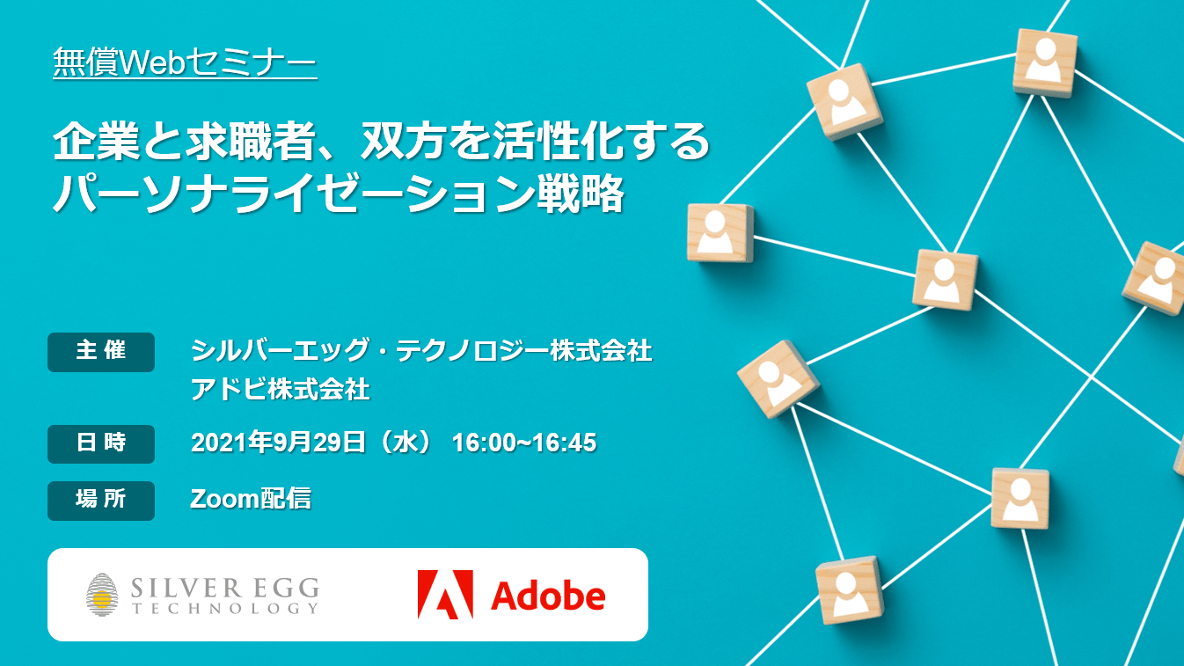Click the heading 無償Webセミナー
coord(185,62)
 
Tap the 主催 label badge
coord(101,352)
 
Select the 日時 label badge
coord(101,444)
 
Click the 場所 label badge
coord(101,501)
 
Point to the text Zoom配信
coord(251,499)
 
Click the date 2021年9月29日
coord(278,443)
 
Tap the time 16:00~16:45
coord(524,443)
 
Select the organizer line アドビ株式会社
coord(280,390)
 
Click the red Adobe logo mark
coord(445,594)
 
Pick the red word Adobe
coord(548,596)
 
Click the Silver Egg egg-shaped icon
coord(102,595)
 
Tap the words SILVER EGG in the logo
coord(225,587)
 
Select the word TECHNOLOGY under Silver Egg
coord(225,609)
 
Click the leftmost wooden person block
coord(720,233)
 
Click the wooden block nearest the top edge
coord(1044,62)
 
